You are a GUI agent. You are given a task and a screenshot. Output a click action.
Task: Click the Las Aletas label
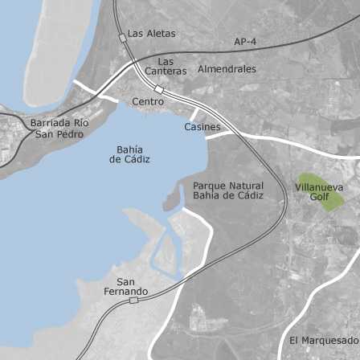[152, 34]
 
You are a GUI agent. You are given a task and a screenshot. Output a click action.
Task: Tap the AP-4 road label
[245, 41]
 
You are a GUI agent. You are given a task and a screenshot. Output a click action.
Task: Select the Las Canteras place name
[166, 66]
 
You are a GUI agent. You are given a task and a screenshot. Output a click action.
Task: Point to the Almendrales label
[227, 69]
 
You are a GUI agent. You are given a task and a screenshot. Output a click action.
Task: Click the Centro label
[148, 102]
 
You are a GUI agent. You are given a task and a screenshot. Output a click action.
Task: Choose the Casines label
[202, 127]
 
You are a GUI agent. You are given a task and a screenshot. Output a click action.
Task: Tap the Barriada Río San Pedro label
[59, 128]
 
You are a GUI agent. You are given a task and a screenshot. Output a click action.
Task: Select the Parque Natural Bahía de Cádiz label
[228, 190]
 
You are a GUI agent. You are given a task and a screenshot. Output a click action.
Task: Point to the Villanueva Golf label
[319, 192]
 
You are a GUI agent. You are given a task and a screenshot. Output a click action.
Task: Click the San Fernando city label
[125, 286]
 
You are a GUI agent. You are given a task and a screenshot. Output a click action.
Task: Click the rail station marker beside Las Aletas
[123, 37]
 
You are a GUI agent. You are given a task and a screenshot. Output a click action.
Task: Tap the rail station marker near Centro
[159, 89]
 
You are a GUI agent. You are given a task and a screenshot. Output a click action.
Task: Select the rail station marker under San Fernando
[133, 300]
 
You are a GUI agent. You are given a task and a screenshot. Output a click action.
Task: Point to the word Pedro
[71, 133]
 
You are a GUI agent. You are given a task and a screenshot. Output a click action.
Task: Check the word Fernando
[125, 291]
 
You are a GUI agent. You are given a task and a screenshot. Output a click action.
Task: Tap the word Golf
[320, 197]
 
